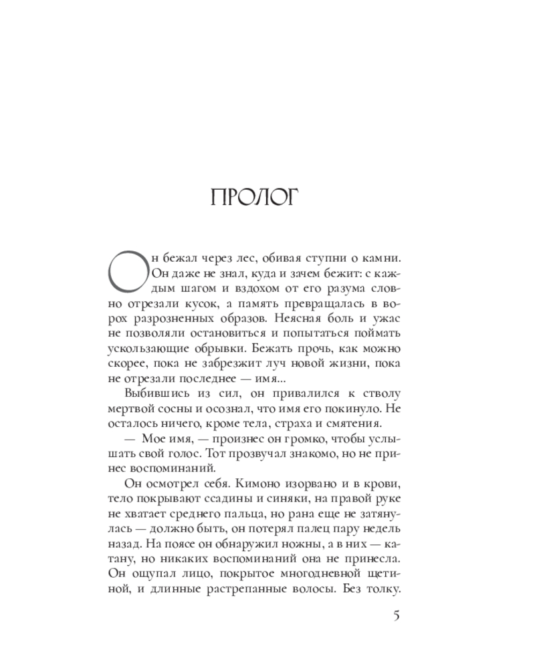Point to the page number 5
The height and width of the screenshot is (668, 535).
tap(396, 616)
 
